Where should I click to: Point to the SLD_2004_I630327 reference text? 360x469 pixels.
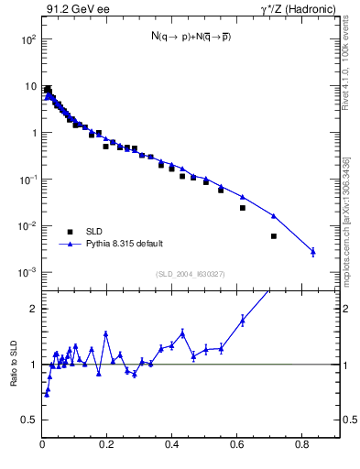click(x=191, y=274)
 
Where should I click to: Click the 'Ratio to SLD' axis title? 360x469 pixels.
click(x=14, y=376)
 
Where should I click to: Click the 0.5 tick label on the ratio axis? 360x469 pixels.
click(x=28, y=420)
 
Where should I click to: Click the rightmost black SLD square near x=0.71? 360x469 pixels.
click(x=274, y=236)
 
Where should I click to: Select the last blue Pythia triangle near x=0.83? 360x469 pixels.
click(x=313, y=251)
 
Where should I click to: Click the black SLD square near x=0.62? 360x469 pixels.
click(x=243, y=208)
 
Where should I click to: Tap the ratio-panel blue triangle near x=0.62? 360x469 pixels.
click(x=243, y=320)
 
